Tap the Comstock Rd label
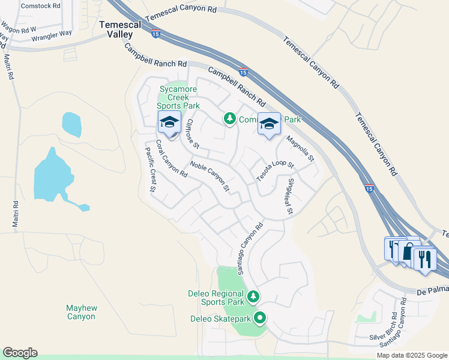[41, 5]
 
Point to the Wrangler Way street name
[52, 37]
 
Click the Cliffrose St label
[192, 133]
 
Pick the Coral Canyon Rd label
[171, 160]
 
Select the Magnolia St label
[300, 149]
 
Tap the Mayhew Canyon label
[81, 312]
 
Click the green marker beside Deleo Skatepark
[260, 319]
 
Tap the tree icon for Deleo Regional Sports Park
[253, 296]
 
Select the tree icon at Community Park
[229, 119]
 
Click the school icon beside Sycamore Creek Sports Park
[169, 123]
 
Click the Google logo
[20, 353]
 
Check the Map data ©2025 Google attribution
[411, 355]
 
